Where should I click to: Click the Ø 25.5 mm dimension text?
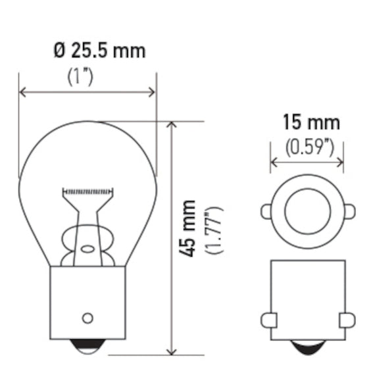coord(99,51)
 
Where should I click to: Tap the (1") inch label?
coord(80,77)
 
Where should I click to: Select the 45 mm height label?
coord(187,229)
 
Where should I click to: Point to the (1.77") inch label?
coord(214,230)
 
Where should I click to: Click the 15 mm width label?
coord(311,122)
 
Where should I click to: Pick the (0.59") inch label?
coord(309,147)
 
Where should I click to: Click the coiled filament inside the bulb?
coord(87,191)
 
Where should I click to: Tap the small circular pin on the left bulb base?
coord(87,318)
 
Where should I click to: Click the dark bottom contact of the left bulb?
coord(87,344)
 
